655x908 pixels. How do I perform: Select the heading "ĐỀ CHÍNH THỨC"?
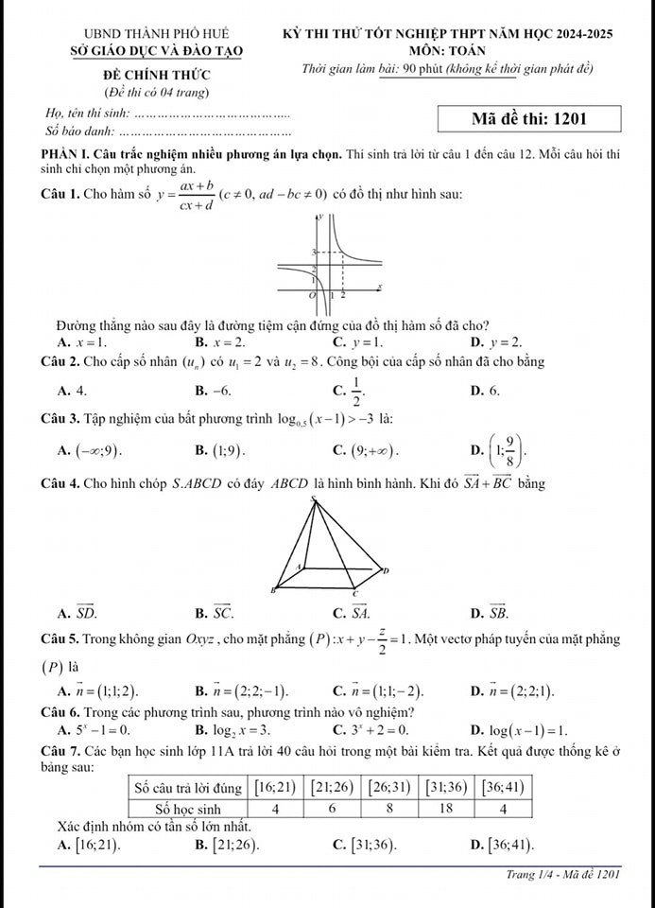point(157,74)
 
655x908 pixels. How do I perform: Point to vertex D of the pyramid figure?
point(381,571)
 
